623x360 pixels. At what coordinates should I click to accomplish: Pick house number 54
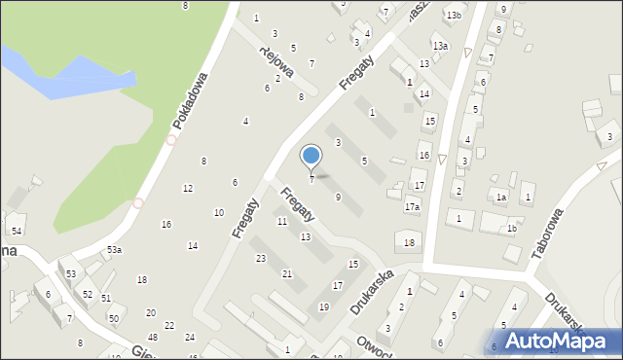click(x=17, y=231)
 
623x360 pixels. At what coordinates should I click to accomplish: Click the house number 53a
click(x=115, y=250)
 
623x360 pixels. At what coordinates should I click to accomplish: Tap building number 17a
click(x=412, y=207)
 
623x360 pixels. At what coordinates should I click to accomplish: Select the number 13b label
click(x=454, y=16)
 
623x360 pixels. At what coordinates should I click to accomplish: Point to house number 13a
click(x=441, y=46)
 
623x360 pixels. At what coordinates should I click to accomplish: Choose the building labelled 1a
click(x=500, y=198)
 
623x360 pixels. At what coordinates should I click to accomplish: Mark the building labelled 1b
click(x=511, y=229)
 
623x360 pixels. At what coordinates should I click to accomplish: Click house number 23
click(x=260, y=258)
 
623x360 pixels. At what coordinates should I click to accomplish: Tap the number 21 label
click(x=286, y=274)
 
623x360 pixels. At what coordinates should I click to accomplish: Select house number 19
click(x=323, y=307)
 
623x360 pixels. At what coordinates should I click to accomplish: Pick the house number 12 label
click(x=187, y=188)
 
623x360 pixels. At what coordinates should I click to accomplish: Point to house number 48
click(x=153, y=337)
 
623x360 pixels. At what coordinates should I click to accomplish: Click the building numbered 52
click(x=88, y=294)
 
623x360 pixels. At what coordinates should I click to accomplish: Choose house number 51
click(x=106, y=299)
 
